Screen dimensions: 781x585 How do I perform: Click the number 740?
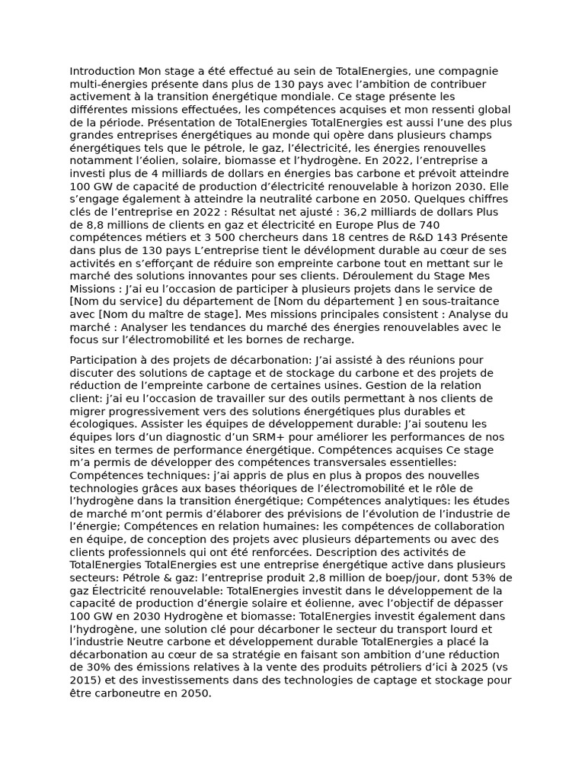click(x=428, y=225)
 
